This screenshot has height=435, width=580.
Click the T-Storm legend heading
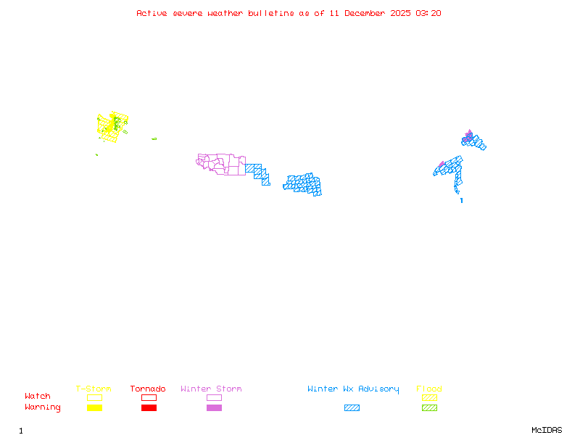coord(94,389)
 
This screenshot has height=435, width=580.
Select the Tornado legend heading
coord(148,389)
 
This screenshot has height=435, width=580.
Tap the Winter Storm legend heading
coord(211,389)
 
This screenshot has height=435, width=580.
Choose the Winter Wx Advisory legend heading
coord(353,389)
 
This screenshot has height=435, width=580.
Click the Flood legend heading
coord(429,389)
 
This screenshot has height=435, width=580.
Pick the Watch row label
coord(38,397)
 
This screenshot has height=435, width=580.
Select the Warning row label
coord(43,407)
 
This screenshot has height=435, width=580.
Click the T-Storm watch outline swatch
coord(94,397)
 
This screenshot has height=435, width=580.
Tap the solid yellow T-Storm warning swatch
coord(94,408)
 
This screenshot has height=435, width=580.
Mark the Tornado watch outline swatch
coord(149,397)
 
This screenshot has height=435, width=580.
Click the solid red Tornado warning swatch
coord(149,408)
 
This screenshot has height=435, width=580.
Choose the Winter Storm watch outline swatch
coord(214,397)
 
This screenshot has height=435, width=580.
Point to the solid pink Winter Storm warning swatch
coord(214,408)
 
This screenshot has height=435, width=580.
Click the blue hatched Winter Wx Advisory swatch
coord(352,408)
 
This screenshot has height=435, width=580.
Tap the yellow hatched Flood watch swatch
coord(429,397)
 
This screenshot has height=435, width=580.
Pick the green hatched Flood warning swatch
coord(429,408)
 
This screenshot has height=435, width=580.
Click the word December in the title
coord(369,13)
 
